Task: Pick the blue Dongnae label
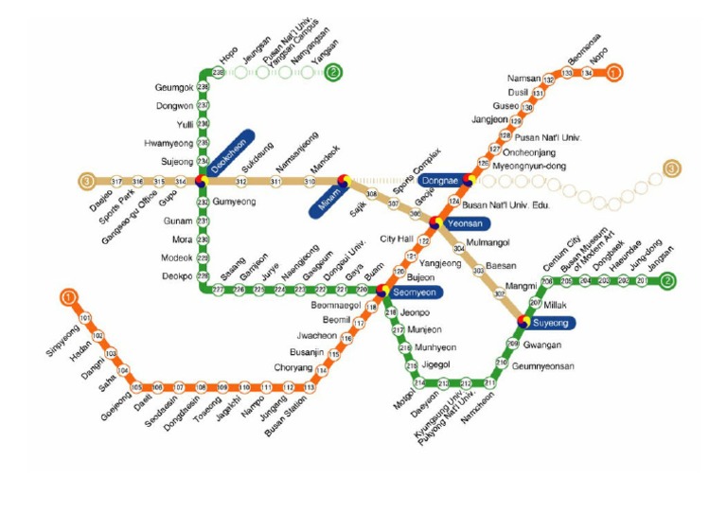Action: (x=439, y=179)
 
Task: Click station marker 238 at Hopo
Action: (x=219, y=72)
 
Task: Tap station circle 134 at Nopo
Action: (x=587, y=72)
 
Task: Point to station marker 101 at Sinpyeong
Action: (x=85, y=317)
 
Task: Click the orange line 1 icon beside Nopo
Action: (x=614, y=71)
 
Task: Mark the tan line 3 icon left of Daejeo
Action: (x=88, y=181)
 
